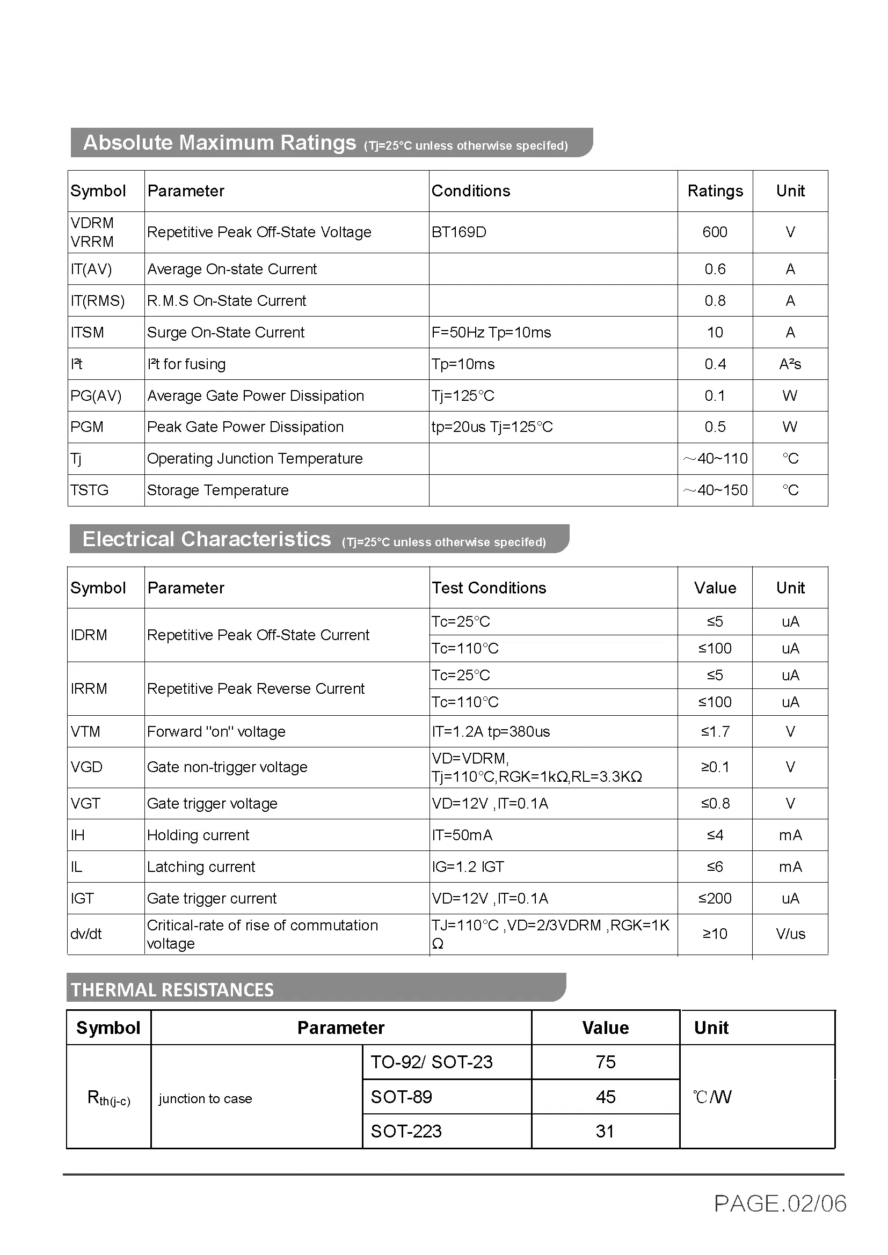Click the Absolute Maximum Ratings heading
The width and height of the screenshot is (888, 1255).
pyautogui.click(x=219, y=143)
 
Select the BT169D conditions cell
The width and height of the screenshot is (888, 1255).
pyautogui.click(x=458, y=232)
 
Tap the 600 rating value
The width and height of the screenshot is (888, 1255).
pyautogui.click(x=715, y=232)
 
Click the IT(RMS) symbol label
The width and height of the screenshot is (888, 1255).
pyautogui.click(x=97, y=300)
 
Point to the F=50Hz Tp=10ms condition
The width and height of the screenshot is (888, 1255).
pyautogui.click(x=491, y=332)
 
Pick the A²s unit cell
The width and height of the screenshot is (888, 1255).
pyautogui.click(x=790, y=364)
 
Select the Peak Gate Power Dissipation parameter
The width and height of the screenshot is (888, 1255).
pyautogui.click(x=245, y=427)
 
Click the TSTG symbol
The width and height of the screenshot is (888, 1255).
pyautogui.click(x=89, y=490)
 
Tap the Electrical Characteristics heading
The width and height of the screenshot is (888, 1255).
pyautogui.click(x=207, y=539)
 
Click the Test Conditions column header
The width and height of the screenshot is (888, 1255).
pyautogui.click(x=489, y=588)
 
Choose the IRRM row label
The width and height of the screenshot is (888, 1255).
pyautogui.click(x=89, y=689)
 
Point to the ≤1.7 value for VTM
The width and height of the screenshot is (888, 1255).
pyautogui.click(x=715, y=731)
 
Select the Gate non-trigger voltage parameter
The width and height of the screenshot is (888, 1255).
pyautogui.click(x=227, y=767)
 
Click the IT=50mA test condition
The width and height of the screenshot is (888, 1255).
pyautogui.click(x=462, y=835)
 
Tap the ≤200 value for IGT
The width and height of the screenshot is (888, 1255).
pyautogui.click(x=715, y=899)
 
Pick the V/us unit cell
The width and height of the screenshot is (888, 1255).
pyautogui.click(x=790, y=934)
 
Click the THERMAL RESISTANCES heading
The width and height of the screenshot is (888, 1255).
pyautogui.click(x=172, y=990)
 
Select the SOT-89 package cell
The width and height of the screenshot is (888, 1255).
pyautogui.click(x=402, y=1097)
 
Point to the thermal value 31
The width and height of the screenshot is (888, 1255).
pyautogui.click(x=605, y=1132)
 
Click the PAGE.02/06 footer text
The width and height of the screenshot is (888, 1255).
pyautogui.click(x=780, y=1204)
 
